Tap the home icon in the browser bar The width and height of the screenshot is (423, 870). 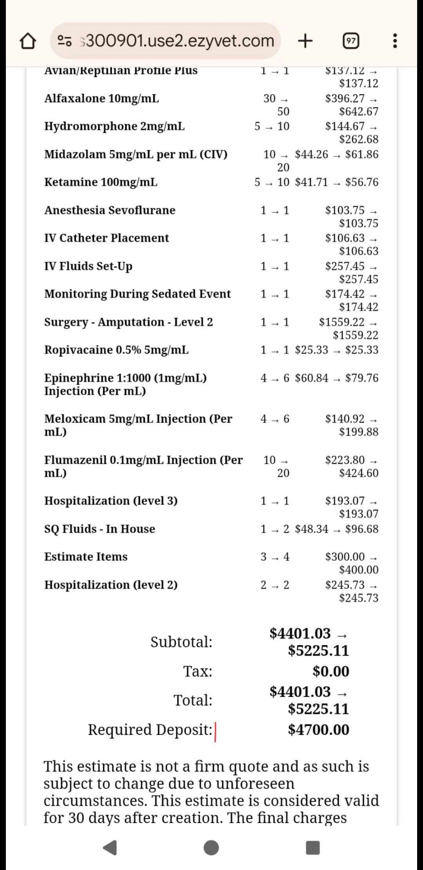pyautogui.click(x=27, y=41)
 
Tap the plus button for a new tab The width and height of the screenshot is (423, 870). pyautogui.click(x=305, y=40)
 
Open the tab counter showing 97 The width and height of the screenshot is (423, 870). pyautogui.click(x=351, y=41)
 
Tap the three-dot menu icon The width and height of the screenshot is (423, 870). pyautogui.click(x=395, y=41)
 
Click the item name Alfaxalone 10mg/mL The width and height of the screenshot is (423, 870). pyautogui.click(x=101, y=98)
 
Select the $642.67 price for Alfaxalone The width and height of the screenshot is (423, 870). pyautogui.click(x=358, y=112)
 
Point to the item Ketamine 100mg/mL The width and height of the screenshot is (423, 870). pyautogui.click(x=101, y=182)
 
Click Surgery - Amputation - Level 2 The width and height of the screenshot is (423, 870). pyautogui.click(x=128, y=322)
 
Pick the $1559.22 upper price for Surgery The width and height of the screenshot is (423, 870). pyautogui.click(x=342, y=322)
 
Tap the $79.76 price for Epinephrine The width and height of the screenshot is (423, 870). pyautogui.click(x=362, y=378)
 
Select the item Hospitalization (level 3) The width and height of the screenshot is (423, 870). pyautogui.click(x=111, y=501)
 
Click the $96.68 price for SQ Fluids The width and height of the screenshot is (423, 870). pyautogui.click(x=362, y=529)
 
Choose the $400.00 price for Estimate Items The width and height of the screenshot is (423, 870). pyautogui.click(x=358, y=570)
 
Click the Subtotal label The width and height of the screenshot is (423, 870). pyautogui.click(x=181, y=642)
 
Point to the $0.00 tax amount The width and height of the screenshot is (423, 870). pyautogui.click(x=331, y=671)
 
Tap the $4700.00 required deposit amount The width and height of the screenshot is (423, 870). pyautogui.click(x=318, y=730)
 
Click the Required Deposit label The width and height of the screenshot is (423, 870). pyautogui.click(x=150, y=730)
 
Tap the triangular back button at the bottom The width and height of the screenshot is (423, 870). pyautogui.click(x=110, y=848)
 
